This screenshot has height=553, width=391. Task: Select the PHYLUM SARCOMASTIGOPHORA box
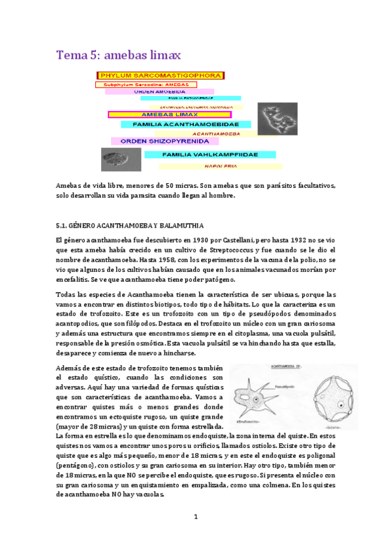[160, 76]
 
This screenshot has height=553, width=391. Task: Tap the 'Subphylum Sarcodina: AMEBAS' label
[142, 85]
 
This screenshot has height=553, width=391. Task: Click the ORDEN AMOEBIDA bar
[160, 92]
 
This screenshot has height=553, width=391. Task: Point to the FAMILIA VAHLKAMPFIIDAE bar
[200, 155]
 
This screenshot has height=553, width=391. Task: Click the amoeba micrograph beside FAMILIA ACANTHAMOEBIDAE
[277, 119]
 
